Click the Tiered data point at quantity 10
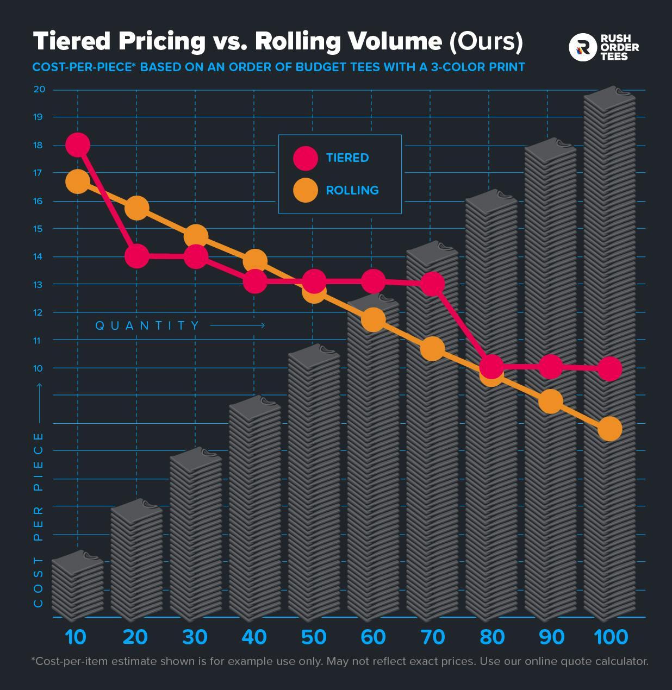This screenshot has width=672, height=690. (78, 145)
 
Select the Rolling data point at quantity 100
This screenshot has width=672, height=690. (609, 429)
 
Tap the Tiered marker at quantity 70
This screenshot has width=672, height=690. (432, 284)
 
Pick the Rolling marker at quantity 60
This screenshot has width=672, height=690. (373, 319)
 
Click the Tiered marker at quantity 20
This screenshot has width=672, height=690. (136, 256)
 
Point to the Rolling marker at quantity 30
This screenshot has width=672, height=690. (196, 236)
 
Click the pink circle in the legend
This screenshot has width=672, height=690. (305, 158)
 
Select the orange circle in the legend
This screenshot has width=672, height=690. (305, 190)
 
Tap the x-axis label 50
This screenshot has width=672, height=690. (314, 637)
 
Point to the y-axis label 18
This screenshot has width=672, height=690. (38, 145)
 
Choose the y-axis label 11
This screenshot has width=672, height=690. (38, 340)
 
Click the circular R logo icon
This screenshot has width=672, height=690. (582, 47)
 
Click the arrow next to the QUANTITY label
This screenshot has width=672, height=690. (238, 325)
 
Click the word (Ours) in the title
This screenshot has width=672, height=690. (486, 41)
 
